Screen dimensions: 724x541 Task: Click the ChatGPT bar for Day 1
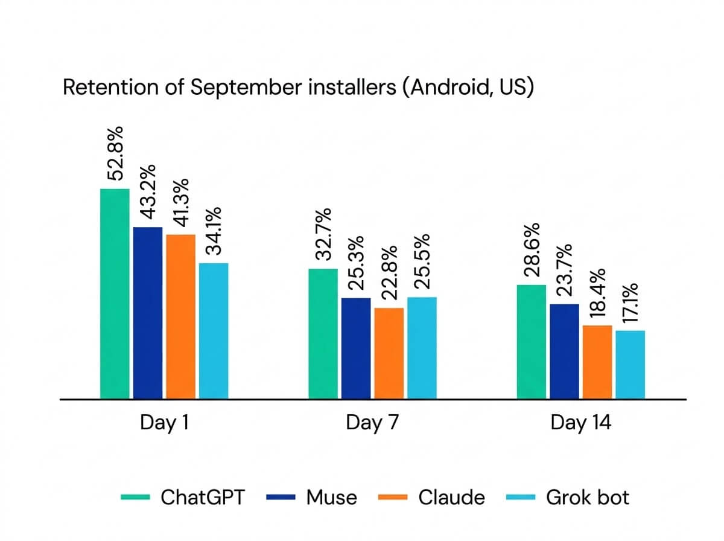(115, 293)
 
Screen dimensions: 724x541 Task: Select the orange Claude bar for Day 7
(389, 353)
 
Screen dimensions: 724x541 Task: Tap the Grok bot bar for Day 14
(630, 365)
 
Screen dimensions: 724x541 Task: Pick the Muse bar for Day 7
(356, 348)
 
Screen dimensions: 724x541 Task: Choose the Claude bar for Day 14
(597, 362)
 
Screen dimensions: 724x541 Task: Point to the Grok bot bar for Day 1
(214, 331)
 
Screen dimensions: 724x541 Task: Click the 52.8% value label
(115, 153)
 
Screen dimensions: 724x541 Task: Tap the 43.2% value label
(148, 192)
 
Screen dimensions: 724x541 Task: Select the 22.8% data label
(389, 272)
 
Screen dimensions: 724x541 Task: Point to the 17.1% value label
(630, 303)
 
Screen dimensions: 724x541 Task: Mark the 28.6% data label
(532, 249)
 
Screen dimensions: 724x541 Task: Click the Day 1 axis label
(165, 422)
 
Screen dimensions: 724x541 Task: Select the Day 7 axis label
(372, 422)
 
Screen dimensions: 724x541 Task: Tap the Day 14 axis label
(581, 422)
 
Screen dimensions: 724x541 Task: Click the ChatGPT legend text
(203, 497)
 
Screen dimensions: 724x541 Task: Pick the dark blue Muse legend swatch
(281, 497)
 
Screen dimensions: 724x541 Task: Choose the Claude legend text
(451, 497)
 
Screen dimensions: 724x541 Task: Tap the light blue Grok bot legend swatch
(521, 497)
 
